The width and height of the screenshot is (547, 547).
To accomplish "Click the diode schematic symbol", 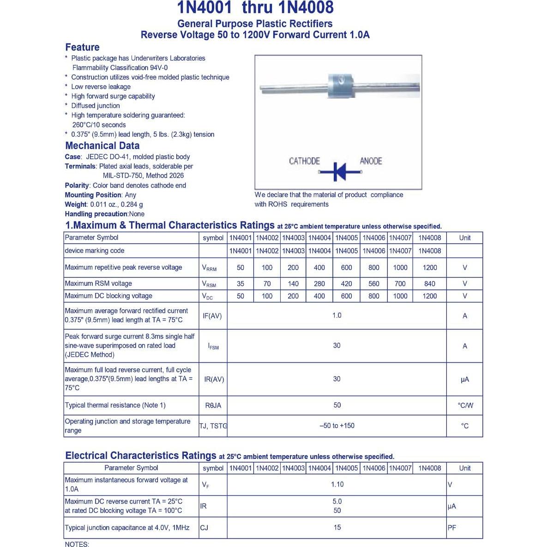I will (x=339, y=172).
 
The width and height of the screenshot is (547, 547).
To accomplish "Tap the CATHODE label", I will (x=304, y=161).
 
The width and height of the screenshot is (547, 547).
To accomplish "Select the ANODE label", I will (x=371, y=161).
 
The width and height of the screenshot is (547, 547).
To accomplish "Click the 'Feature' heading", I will (x=82, y=47).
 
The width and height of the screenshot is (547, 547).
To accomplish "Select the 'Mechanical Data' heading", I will (x=102, y=145).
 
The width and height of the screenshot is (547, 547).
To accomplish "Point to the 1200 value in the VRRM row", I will (x=429, y=268).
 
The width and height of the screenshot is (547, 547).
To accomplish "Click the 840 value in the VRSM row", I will (x=429, y=284).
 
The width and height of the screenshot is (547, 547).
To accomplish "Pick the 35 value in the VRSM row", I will (x=240, y=284).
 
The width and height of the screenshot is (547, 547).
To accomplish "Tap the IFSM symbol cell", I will (x=213, y=346).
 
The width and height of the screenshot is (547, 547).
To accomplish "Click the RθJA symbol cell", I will (x=213, y=405).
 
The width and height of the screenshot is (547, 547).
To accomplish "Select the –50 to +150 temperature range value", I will (x=337, y=426).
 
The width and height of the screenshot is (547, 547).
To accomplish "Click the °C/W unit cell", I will (x=465, y=405).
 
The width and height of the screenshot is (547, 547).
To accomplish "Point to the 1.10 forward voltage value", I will (x=337, y=484).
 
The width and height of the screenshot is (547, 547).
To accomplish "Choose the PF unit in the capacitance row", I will (x=452, y=528).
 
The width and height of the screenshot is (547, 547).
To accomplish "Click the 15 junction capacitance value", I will (x=337, y=528).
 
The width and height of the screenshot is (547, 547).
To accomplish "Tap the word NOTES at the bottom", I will (x=77, y=544).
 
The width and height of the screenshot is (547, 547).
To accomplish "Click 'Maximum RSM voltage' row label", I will (x=98, y=283).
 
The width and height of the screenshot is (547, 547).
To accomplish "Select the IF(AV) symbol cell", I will (x=212, y=316).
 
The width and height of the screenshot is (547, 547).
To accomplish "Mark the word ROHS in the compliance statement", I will (x=277, y=204).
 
